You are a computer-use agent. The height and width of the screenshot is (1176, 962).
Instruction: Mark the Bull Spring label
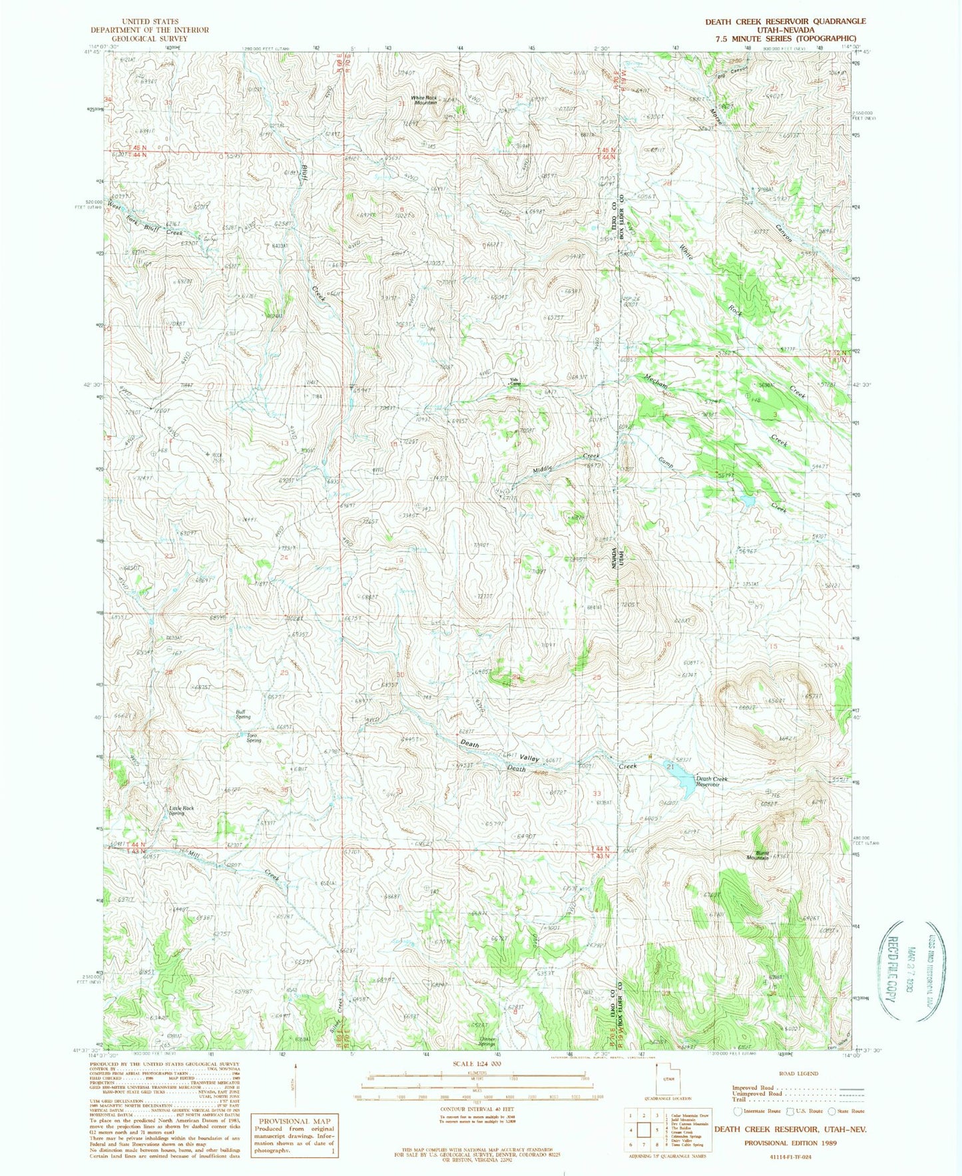[x=243, y=714]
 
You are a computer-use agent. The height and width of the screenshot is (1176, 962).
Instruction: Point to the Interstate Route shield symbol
[x=737, y=1111]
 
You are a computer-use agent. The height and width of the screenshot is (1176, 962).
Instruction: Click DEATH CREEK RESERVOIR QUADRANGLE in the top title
[x=786, y=21]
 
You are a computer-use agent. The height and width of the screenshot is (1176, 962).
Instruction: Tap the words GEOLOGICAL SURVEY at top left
[x=149, y=39]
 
